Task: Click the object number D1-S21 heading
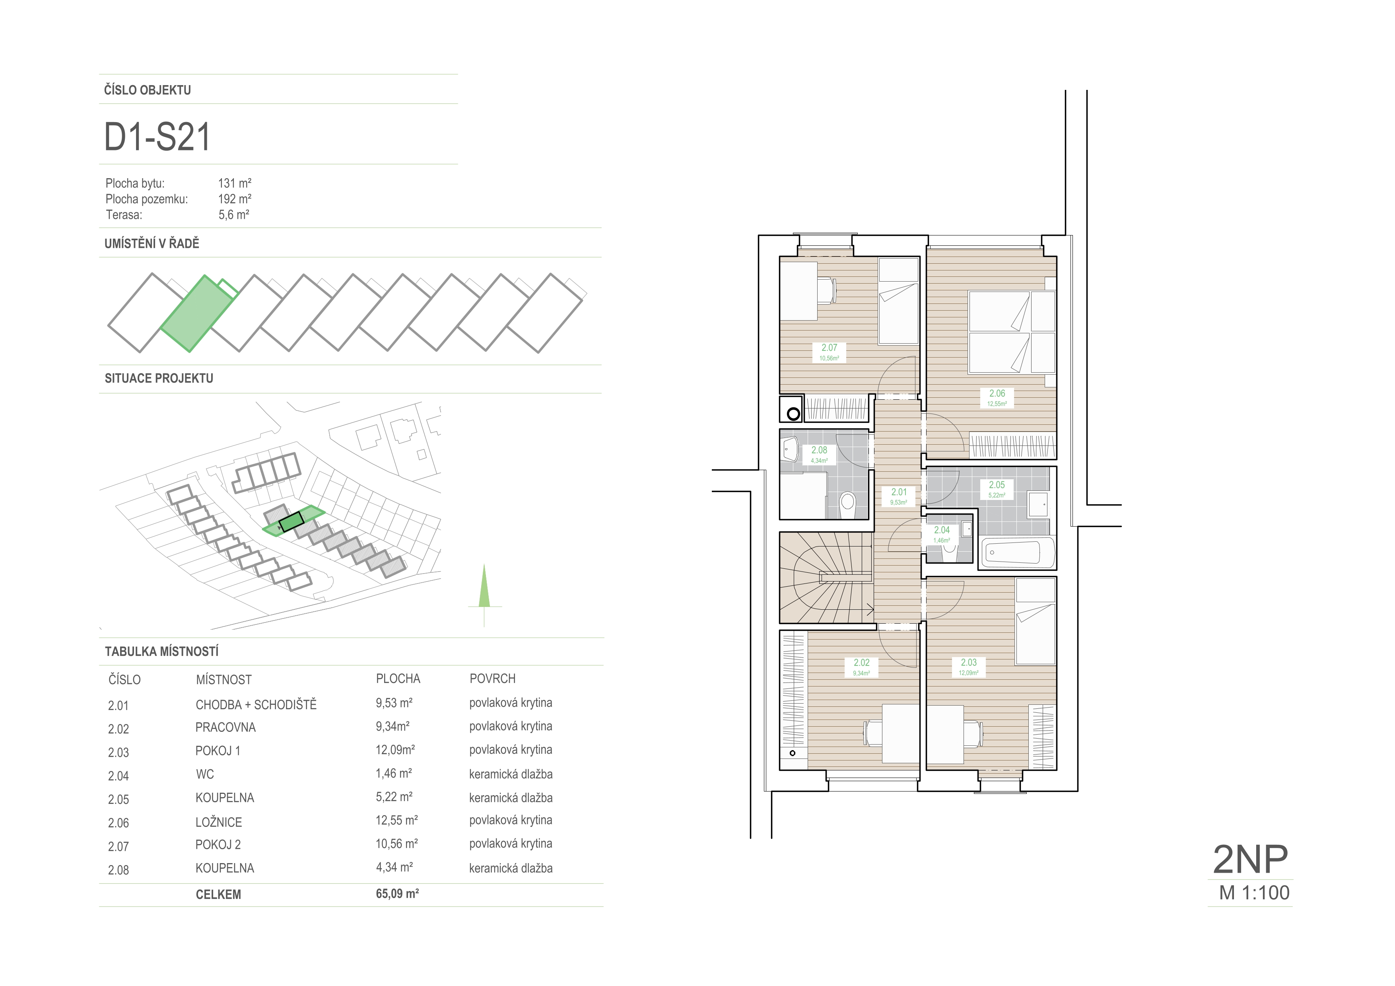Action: (x=157, y=137)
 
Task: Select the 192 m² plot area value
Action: (x=235, y=198)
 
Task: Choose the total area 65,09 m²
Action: (x=397, y=894)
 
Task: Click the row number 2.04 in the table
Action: (x=119, y=776)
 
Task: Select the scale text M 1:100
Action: (x=1254, y=893)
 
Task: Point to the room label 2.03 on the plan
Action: (x=968, y=662)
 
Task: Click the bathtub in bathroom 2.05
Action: (x=1016, y=552)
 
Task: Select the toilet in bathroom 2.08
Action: (x=847, y=504)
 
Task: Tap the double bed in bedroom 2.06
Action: (x=1012, y=332)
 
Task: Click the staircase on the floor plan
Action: (x=826, y=578)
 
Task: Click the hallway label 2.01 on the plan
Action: (x=899, y=492)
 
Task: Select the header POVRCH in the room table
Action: (x=492, y=679)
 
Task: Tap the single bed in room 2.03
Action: (x=1036, y=622)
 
